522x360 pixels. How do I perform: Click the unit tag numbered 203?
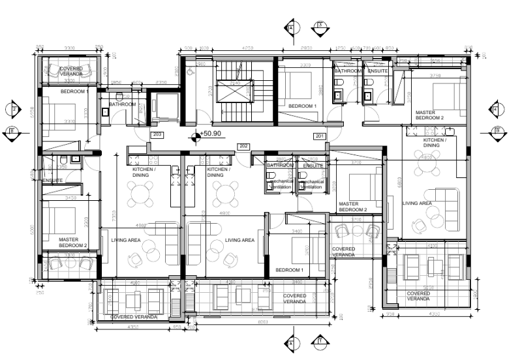click(157, 135)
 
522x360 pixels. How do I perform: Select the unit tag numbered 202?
click(243, 146)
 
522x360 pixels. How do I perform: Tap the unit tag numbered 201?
click(320, 136)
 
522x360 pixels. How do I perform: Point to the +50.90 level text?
click(212, 134)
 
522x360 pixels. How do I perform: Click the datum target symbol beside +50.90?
click(195, 136)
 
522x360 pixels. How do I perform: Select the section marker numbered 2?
click(320, 27)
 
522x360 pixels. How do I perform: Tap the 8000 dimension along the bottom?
click(262, 322)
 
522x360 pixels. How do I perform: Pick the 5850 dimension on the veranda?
click(427, 288)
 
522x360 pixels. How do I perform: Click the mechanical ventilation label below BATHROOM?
click(281, 185)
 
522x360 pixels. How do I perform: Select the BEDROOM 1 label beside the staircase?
click(303, 106)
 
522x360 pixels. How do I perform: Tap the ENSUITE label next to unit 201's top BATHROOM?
click(377, 70)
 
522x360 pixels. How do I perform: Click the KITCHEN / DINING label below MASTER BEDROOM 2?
click(435, 143)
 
